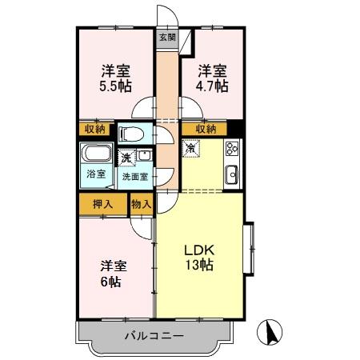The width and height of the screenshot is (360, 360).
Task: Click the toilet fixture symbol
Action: point(130,133)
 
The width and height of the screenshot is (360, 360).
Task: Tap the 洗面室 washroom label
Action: point(135,175)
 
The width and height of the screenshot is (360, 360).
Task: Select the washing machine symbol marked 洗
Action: point(126,158)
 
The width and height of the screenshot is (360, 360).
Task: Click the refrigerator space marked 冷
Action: point(191,148)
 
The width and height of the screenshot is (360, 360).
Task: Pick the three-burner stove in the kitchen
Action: point(232,148)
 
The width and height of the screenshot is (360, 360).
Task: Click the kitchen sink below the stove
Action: point(232,173)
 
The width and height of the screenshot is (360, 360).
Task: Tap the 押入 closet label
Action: point(102,205)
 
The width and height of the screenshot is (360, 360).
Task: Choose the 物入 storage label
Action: point(140,205)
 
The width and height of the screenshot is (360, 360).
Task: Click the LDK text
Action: point(198,248)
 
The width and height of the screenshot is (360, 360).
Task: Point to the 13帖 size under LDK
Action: point(198,266)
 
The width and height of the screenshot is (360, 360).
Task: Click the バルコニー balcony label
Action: point(154,337)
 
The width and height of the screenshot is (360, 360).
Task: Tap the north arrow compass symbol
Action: point(272,332)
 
